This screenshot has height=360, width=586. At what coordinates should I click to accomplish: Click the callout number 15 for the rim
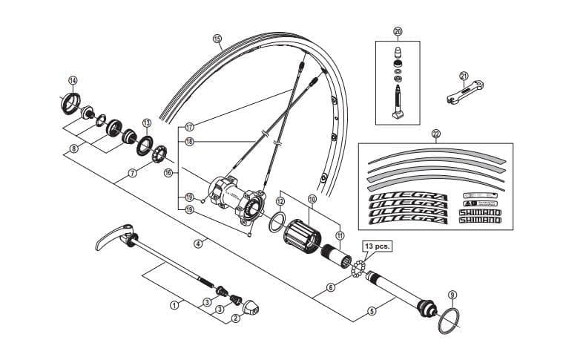click(217, 39)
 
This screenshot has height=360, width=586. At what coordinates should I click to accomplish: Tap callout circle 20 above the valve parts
click(398, 32)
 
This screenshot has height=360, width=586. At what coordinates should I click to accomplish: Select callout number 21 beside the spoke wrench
click(464, 76)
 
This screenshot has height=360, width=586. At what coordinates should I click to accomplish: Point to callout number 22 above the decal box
click(435, 134)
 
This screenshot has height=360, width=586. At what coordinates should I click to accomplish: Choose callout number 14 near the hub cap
click(73, 80)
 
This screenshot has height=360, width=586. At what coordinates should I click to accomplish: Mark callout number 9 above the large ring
click(452, 294)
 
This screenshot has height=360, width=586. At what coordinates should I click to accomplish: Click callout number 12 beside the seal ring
click(280, 201)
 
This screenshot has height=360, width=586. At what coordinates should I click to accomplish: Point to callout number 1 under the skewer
click(174, 304)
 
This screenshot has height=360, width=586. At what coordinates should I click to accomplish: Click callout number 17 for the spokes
click(189, 126)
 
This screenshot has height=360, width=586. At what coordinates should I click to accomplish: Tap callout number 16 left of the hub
click(168, 172)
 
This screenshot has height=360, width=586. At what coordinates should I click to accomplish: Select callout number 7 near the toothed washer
click(132, 173)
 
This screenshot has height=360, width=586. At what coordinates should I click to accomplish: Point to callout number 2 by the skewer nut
click(236, 318)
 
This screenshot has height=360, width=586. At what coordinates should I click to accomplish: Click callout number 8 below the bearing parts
click(73, 148)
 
